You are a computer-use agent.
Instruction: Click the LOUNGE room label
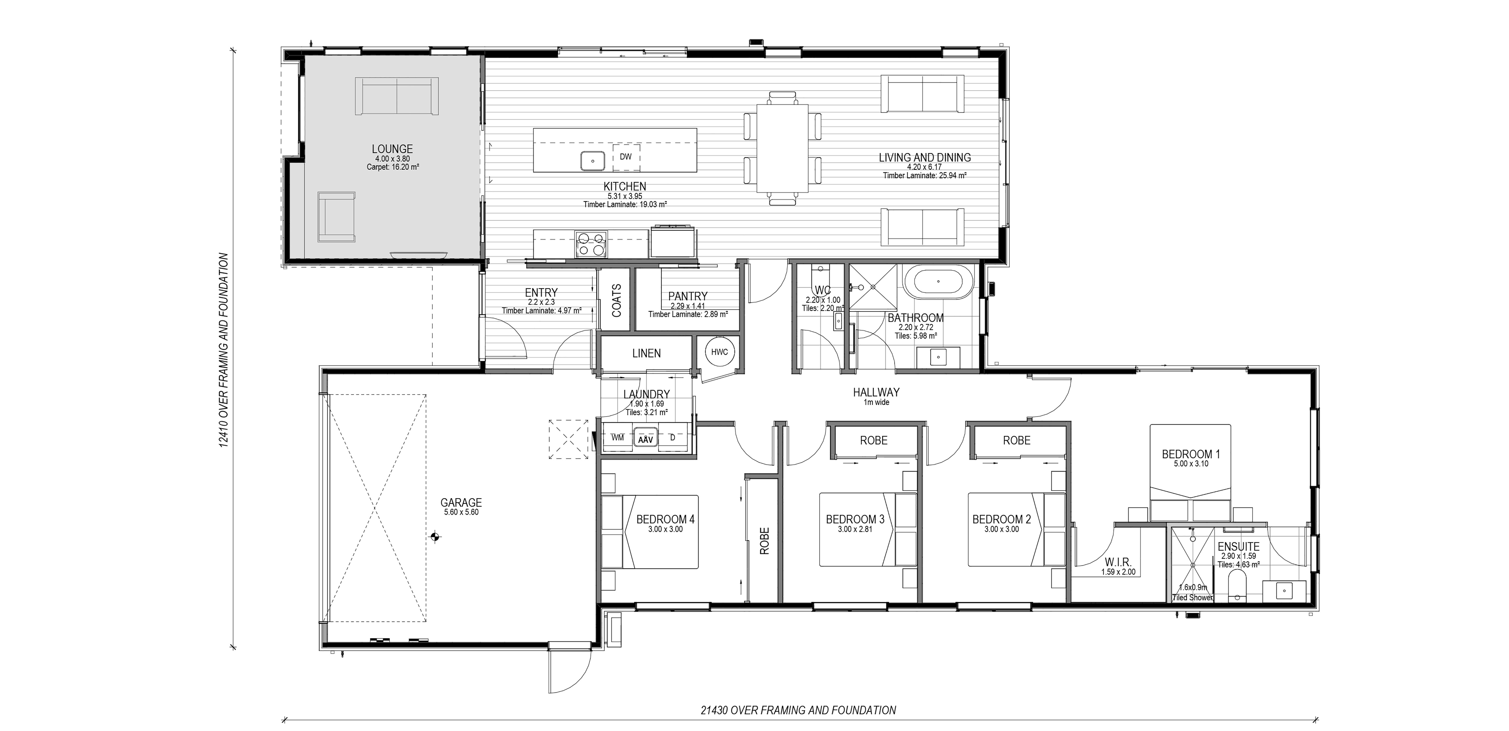pos(392,149)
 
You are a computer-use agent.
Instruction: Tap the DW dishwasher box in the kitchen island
pos(626,157)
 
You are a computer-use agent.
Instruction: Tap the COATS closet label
pos(616,301)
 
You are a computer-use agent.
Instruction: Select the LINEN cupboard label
pos(646,354)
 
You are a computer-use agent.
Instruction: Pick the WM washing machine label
pos(617,437)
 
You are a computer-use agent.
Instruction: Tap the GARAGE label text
pos(461,502)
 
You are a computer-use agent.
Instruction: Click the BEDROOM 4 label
pos(666,519)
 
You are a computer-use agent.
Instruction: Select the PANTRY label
pos(688,297)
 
